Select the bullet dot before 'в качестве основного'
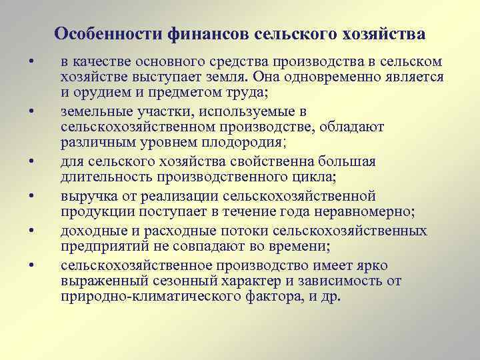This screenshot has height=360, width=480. point(31,63)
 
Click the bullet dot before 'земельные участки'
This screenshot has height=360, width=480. point(31,111)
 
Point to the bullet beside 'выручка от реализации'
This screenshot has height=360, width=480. point(31,197)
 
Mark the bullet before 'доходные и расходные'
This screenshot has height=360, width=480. point(31,231)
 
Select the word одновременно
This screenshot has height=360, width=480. point(350,77)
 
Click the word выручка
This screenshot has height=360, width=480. point(87,196)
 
